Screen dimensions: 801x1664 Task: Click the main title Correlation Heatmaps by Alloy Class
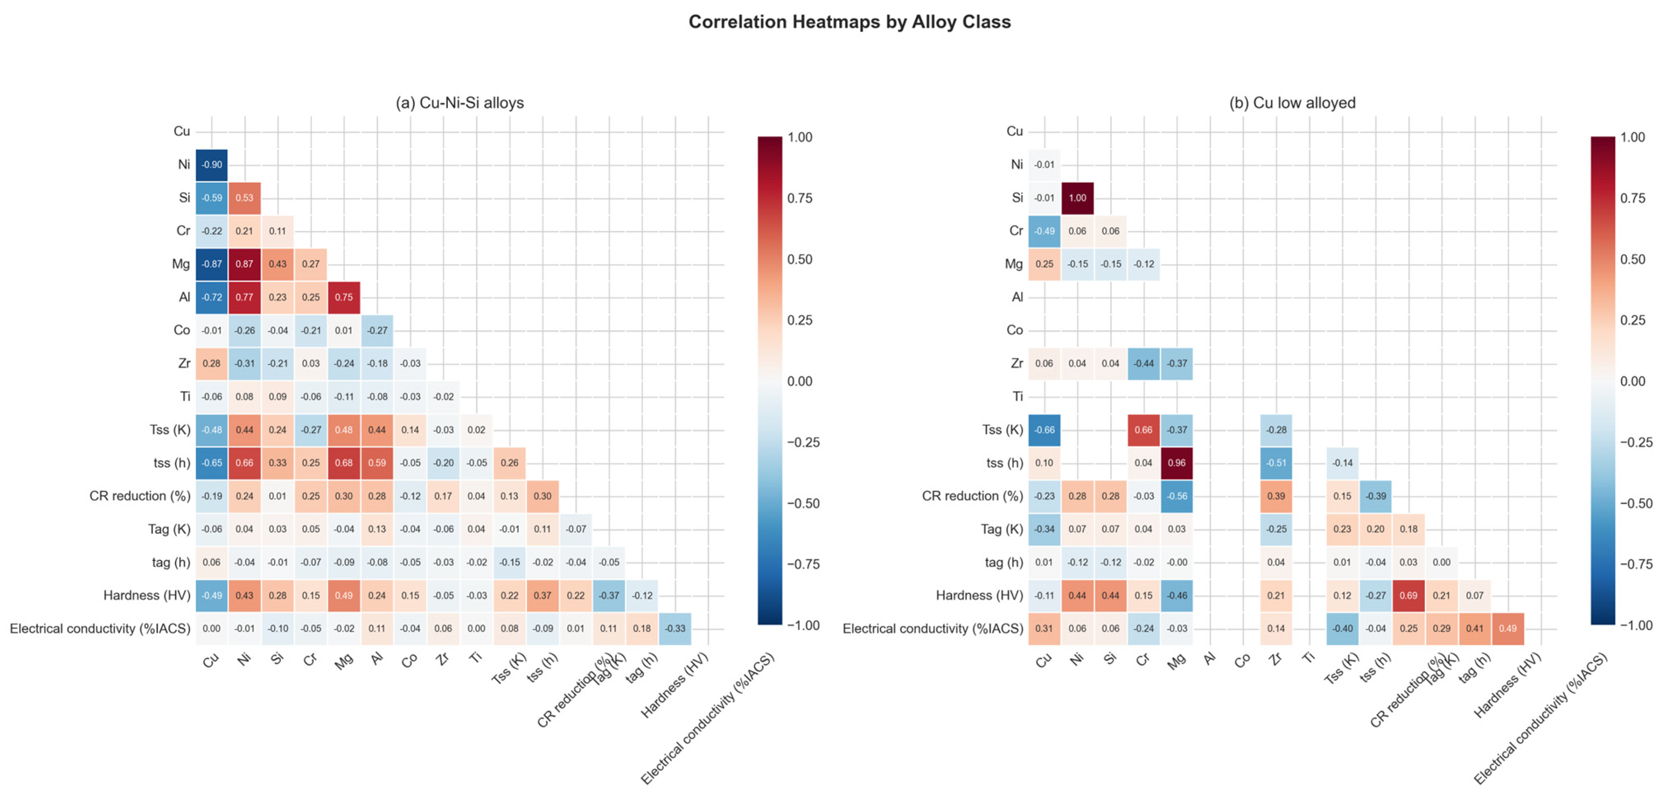[x=849, y=22]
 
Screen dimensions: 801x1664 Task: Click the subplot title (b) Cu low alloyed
[x=1291, y=103]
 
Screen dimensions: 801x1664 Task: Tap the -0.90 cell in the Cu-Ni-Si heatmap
[x=211, y=165]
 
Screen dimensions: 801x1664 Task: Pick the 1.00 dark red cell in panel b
[x=1077, y=198]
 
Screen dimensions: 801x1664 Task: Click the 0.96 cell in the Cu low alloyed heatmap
[x=1176, y=463]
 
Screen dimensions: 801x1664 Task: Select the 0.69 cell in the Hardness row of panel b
[x=1408, y=596]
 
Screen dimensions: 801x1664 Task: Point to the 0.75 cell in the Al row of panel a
[x=344, y=297]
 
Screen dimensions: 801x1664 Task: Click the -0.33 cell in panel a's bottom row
[x=675, y=628]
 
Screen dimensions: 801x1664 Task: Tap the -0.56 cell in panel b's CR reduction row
[x=1176, y=496]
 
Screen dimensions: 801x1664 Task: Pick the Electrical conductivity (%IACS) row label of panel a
[x=100, y=628]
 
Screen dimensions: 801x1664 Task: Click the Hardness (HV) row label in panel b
[x=978, y=596]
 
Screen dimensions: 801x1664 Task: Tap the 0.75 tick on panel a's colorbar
[x=800, y=198]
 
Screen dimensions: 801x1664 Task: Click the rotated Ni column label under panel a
[x=243, y=660]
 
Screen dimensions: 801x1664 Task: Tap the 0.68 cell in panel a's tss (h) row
[x=344, y=463]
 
